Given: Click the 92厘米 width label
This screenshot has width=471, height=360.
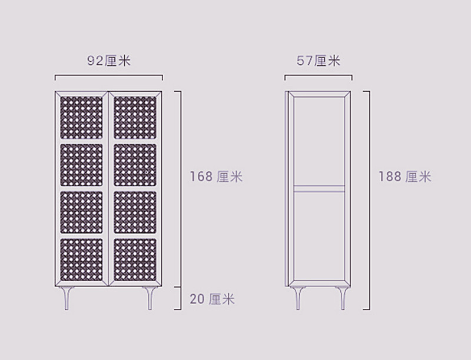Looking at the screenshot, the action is (x=109, y=61).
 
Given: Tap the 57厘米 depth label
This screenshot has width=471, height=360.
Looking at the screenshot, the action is (x=319, y=61).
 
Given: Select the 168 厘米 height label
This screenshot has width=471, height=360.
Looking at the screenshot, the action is (x=216, y=176).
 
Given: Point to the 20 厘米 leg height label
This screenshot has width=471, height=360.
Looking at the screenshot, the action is (x=212, y=299).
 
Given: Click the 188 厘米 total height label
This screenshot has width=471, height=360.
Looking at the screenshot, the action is (x=404, y=176).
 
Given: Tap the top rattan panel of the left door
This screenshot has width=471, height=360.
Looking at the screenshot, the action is (x=81, y=118).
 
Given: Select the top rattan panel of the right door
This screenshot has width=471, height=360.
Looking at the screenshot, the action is (x=135, y=118).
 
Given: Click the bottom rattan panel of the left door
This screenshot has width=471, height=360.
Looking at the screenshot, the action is (x=81, y=260).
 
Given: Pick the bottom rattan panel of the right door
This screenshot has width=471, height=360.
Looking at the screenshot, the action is (x=135, y=260).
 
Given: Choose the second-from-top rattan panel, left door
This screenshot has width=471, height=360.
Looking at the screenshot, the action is (x=81, y=165).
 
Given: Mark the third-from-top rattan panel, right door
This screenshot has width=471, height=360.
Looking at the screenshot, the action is (x=135, y=212).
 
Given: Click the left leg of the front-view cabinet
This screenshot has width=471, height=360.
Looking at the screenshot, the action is (x=67, y=298).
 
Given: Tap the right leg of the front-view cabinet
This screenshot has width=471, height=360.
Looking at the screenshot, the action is (x=150, y=298).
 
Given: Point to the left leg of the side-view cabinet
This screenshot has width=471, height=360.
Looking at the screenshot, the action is (x=298, y=298).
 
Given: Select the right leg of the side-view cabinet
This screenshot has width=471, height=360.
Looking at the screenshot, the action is (x=343, y=298).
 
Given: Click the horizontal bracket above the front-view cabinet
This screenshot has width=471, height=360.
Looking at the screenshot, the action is (x=109, y=75).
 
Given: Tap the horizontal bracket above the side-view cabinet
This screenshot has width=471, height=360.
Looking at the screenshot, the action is (x=319, y=75).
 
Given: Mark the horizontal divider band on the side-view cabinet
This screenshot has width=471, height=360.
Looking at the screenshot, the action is (x=319, y=188).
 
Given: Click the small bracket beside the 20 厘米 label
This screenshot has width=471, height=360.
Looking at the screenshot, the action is (x=178, y=298).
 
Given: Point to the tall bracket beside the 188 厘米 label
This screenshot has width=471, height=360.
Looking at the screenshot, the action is (x=366, y=201).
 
